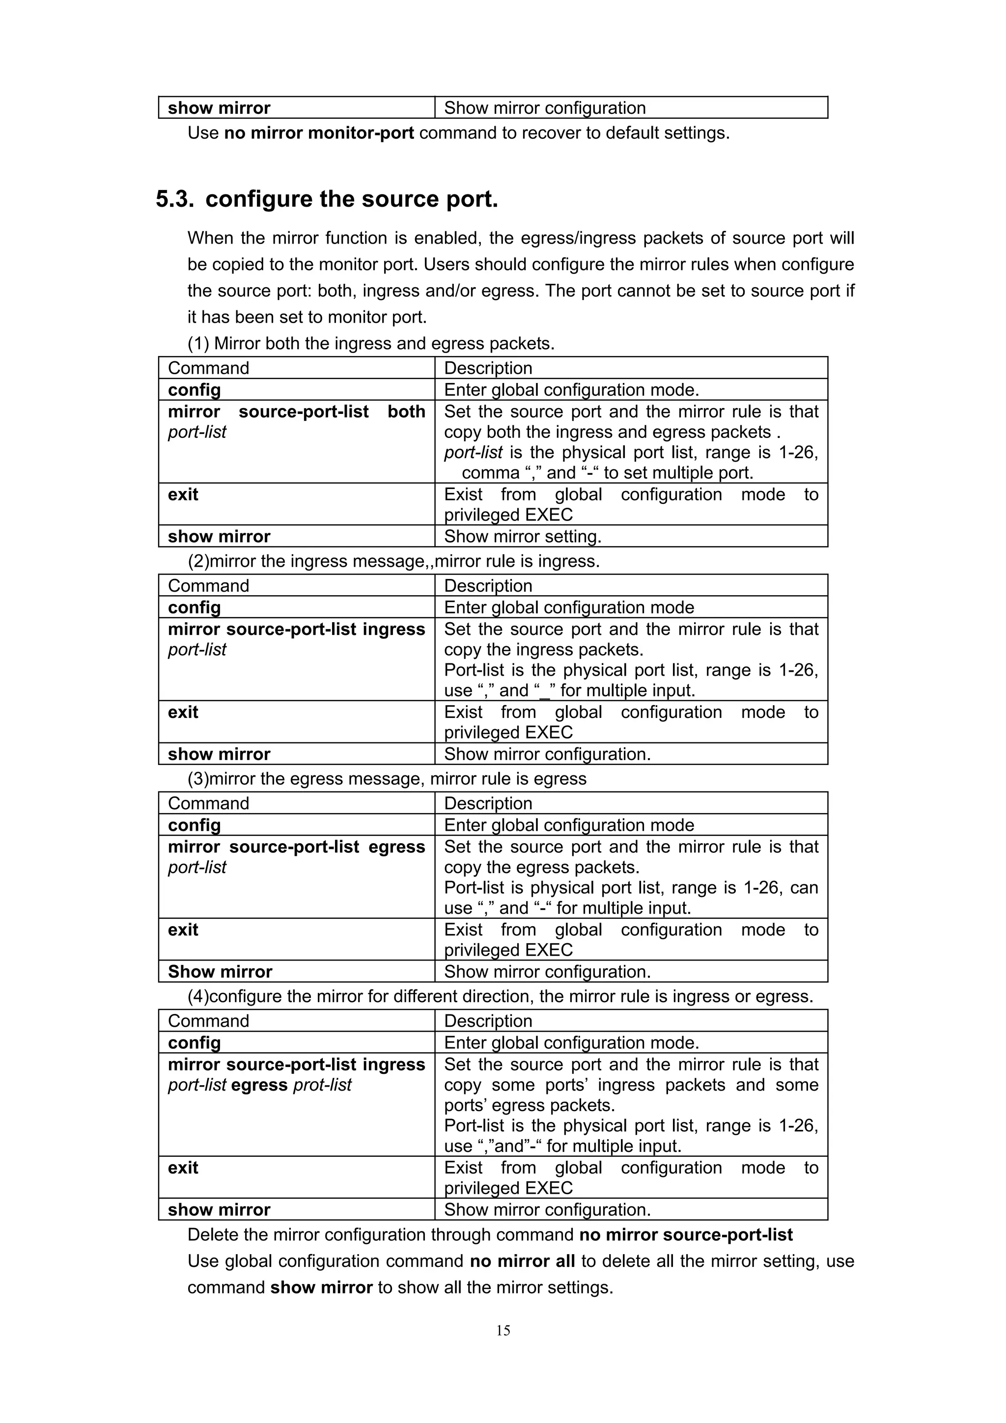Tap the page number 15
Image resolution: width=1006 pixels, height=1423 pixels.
pos(503,1331)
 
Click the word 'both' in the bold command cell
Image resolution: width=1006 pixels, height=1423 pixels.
pos(406,411)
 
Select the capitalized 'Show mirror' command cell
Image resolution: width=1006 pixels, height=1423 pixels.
pos(220,972)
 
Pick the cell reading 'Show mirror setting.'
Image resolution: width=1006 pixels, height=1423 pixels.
pos(523,536)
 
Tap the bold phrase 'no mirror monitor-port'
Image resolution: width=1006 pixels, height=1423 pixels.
pos(319,133)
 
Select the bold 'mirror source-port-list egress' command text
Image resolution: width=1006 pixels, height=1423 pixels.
pos(296,847)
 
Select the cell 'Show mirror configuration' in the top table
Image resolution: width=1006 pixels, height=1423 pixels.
pos(544,108)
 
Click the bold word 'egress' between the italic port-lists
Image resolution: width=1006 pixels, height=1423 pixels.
pos(259,1085)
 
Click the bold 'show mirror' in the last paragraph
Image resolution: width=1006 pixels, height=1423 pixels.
pos(321,1287)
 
